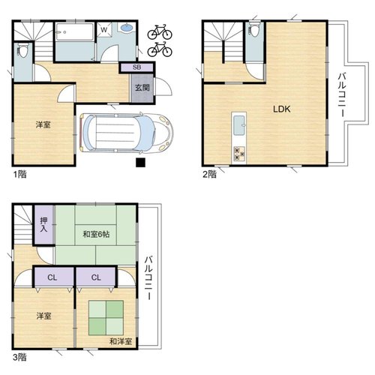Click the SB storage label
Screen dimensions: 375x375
coord(136,67)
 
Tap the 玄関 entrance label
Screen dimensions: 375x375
coord(142,88)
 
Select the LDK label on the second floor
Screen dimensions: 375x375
coord(282,109)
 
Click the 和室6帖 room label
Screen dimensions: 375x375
coord(96,234)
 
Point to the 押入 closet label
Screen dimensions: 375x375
coord(43,224)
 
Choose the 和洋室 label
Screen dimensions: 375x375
coord(121,341)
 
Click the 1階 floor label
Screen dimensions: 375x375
coord(20,174)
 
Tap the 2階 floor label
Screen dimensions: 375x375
coord(209,174)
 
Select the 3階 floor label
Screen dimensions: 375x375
coord(19,357)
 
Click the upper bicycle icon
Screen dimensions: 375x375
coord(160,32)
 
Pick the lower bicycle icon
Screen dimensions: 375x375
coord(160,49)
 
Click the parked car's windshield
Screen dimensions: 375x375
coord(148,132)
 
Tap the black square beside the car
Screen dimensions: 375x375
coord(140,163)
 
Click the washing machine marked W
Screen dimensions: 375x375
coord(104,30)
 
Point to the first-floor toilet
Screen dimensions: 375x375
coord(22,50)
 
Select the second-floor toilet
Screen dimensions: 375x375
coord(254,29)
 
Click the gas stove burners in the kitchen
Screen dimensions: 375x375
coord(239,153)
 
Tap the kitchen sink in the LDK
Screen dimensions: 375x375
coord(239,125)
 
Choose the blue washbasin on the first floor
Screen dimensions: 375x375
coord(127,28)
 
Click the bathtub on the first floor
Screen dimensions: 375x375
coord(75,31)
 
